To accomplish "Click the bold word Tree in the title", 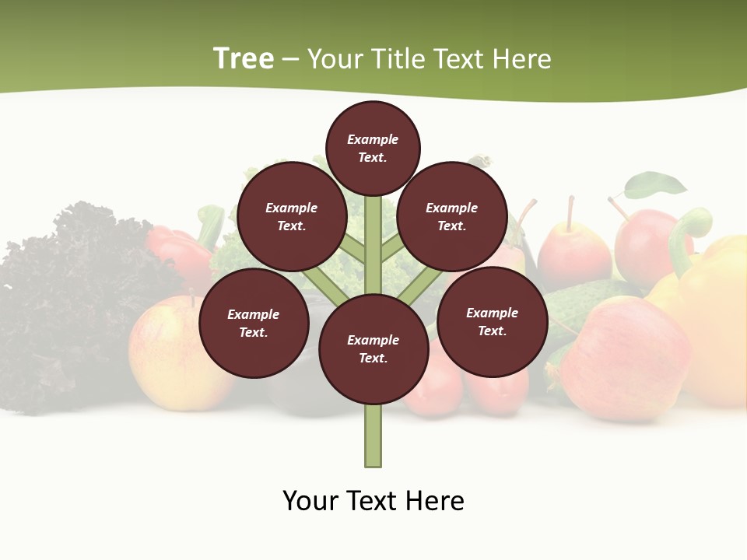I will click(244, 58).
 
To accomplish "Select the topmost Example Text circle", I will click(373, 148).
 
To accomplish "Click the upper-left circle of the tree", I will click(291, 216).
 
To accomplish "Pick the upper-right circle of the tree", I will click(451, 216).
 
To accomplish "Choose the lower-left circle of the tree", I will click(253, 323).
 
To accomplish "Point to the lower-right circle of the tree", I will click(492, 321).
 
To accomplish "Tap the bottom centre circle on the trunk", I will click(373, 349).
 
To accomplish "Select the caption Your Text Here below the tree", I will click(373, 501).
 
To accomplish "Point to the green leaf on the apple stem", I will click(656, 185).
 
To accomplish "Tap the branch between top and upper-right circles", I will click(391, 247).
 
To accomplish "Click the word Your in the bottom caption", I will click(310, 501).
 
